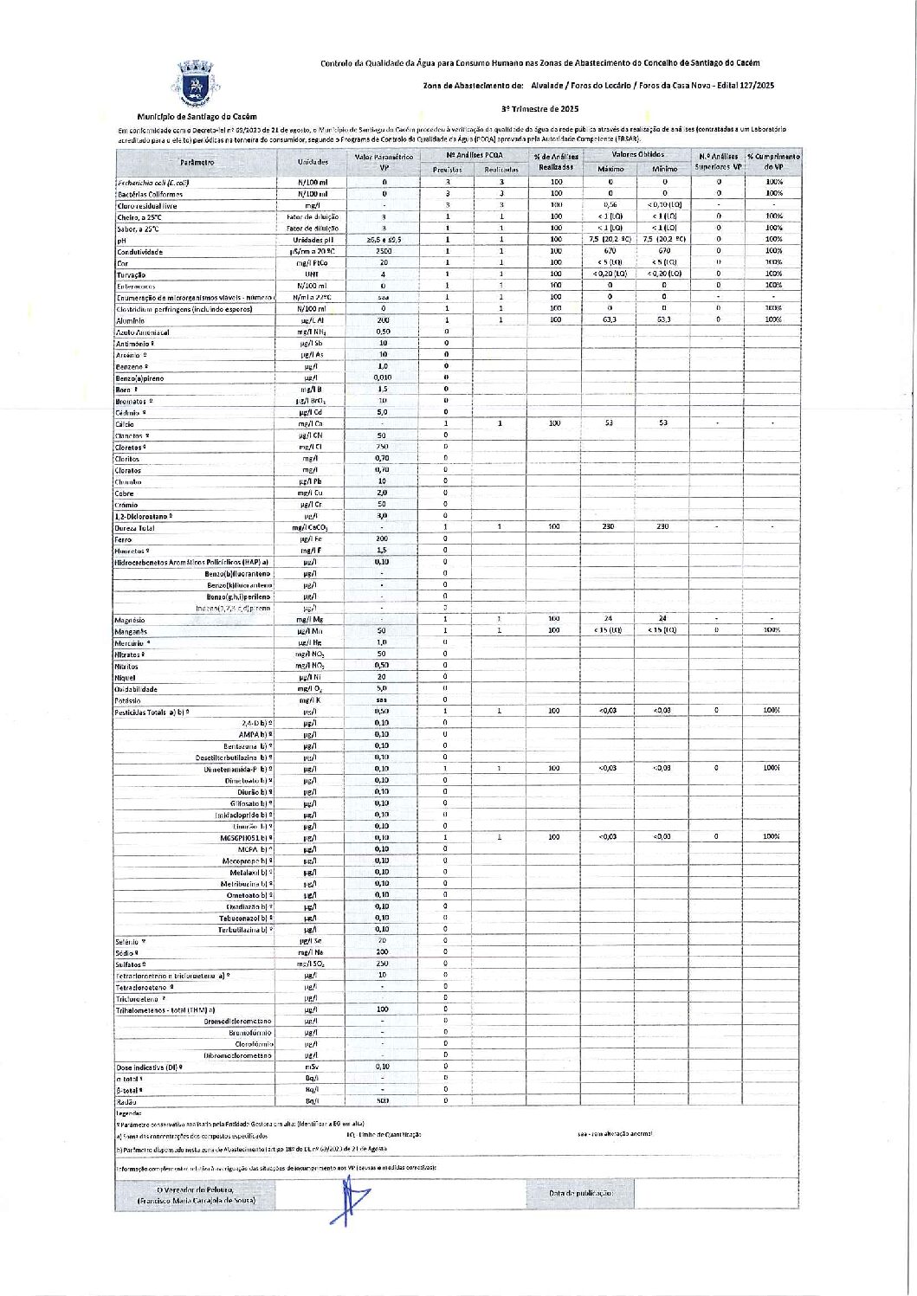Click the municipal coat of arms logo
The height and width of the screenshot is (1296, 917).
(197, 84)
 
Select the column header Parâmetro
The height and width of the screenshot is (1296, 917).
(197, 162)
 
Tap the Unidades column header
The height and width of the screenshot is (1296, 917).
(313, 162)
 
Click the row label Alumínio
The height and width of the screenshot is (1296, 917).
(131, 320)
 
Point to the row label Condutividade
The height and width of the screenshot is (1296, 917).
(139, 252)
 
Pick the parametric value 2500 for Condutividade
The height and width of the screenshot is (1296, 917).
(383, 251)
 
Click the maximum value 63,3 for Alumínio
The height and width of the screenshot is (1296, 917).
(610, 319)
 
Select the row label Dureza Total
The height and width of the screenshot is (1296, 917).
(135, 527)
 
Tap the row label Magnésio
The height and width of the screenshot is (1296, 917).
(131, 620)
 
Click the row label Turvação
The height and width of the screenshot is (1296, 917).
(132, 274)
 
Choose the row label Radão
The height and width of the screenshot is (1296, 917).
(126, 1101)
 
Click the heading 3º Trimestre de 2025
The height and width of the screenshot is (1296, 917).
(539, 109)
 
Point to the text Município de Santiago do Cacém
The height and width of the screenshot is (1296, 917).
(197, 116)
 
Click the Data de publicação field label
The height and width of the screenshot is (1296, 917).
(579, 1193)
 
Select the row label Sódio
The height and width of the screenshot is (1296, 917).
(126, 952)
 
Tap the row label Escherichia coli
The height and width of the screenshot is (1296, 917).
(152, 183)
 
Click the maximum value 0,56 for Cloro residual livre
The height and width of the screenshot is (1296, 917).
(610, 205)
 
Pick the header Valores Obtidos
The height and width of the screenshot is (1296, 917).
(636, 154)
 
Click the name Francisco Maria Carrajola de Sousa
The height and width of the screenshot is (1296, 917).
(196, 1202)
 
